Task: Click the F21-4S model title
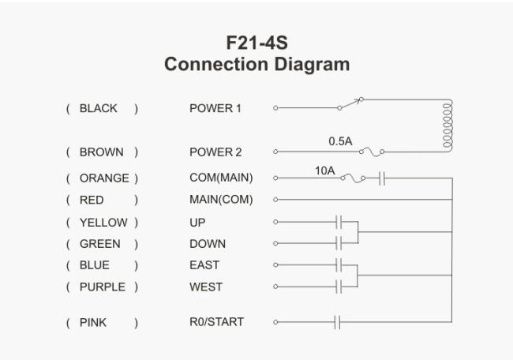[x=256, y=43]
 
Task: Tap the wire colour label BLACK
[x=98, y=108]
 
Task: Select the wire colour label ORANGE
[x=104, y=178]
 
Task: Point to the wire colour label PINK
[x=93, y=323]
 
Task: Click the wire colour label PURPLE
[x=103, y=287]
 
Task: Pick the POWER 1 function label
[x=215, y=108]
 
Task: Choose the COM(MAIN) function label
[x=221, y=178]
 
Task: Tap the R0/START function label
[x=216, y=322]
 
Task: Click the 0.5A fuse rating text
[x=340, y=141]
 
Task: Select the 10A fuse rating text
[x=325, y=171]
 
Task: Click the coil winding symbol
[x=447, y=126]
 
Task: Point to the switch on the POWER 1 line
[x=351, y=103]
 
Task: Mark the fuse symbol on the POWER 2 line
[x=372, y=152]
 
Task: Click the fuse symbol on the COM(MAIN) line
[x=353, y=178]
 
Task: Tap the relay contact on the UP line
[x=339, y=222]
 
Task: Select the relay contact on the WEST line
[x=339, y=287]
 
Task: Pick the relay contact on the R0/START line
[x=337, y=322]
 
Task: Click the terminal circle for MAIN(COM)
[x=275, y=199]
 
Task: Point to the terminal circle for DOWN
[x=275, y=243]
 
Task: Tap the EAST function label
[x=204, y=265]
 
